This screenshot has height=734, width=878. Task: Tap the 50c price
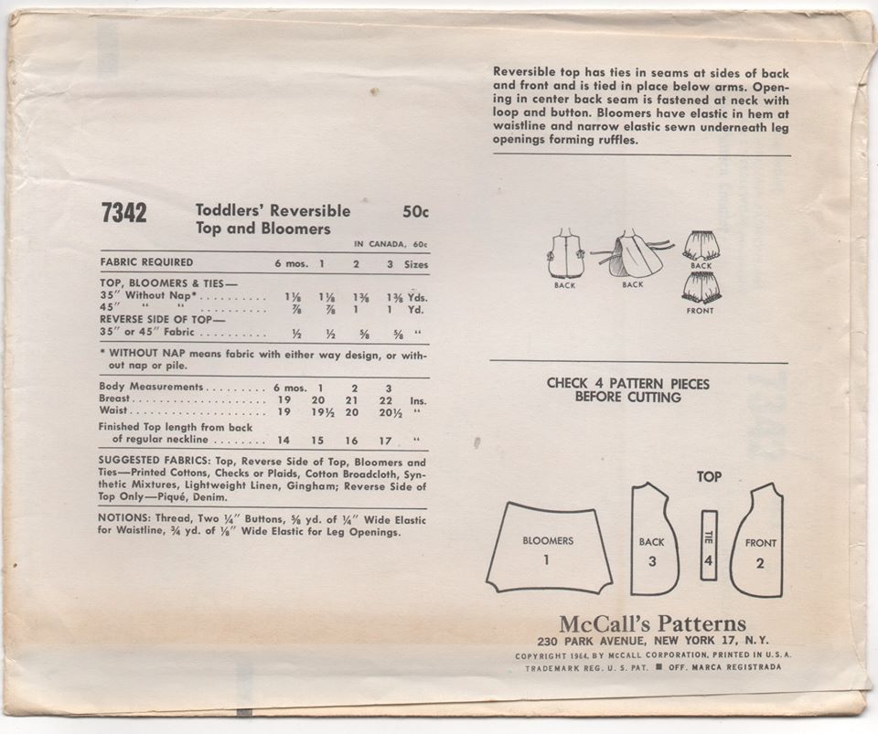pyautogui.click(x=415, y=211)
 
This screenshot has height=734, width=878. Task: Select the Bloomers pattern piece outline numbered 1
pyautogui.click(x=548, y=548)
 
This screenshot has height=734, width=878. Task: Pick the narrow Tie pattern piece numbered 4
pyautogui.click(x=708, y=545)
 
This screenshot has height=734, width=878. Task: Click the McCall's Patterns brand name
pyautogui.click(x=652, y=625)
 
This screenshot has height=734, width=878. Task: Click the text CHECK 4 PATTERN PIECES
pyautogui.click(x=627, y=384)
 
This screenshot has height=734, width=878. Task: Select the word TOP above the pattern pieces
pyautogui.click(x=709, y=476)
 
